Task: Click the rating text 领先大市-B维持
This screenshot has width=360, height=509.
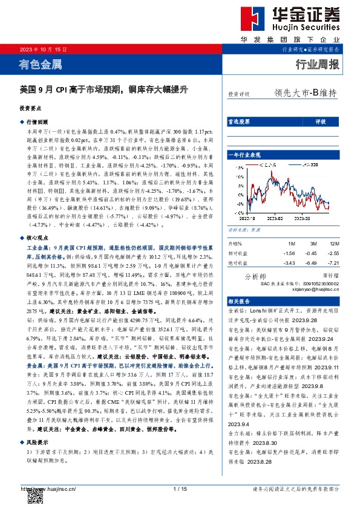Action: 305,94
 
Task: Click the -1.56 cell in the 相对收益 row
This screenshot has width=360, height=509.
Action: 290,253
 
